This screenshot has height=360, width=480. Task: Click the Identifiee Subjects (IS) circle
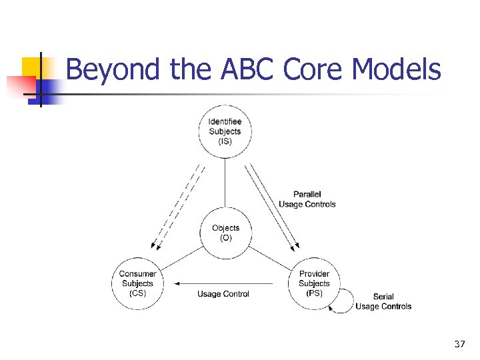[x=225, y=131]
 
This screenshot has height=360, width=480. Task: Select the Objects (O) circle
[x=225, y=233]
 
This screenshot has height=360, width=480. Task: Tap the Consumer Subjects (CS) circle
[x=138, y=283]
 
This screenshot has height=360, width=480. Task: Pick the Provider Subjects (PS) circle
[x=314, y=283]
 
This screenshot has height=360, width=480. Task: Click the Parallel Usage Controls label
[x=307, y=199]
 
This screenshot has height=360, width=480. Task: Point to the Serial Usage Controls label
[x=383, y=301]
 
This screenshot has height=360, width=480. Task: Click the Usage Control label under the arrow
[x=223, y=294]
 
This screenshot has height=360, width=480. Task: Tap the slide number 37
[x=459, y=344]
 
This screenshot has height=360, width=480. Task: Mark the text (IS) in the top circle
[x=225, y=141]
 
